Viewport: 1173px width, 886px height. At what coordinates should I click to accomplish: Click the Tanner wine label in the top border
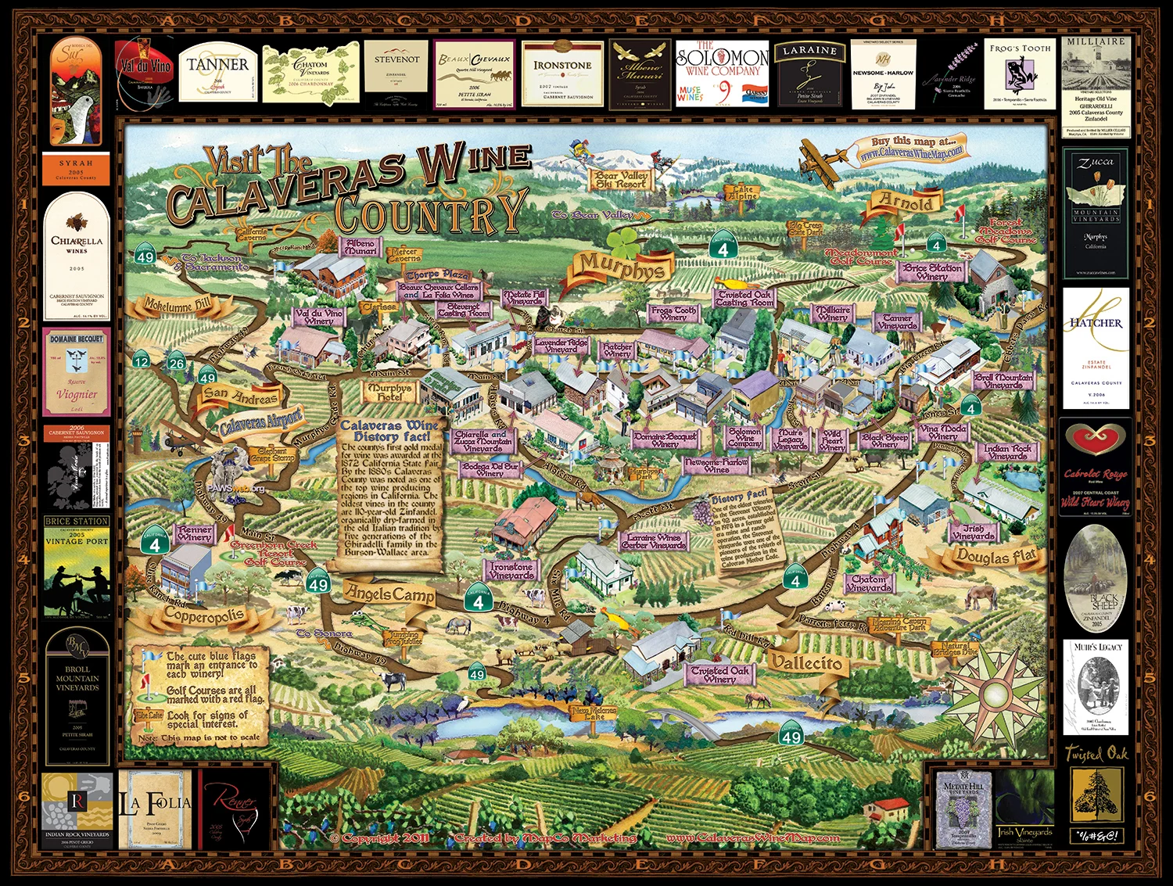click(x=217, y=72)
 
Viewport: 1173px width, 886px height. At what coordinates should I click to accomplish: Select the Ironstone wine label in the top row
click(x=562, y=74)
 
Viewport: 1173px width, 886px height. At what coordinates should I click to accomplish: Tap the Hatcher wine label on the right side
click(x=1096, y=348)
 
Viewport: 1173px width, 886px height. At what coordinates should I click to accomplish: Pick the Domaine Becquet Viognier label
click(x=76, y=371)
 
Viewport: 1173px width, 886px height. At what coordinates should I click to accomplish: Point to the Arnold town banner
click(x=906, y=203)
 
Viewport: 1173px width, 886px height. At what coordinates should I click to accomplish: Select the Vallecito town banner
click(x=806, y=663)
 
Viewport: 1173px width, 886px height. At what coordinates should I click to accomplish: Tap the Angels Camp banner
click(x=390, y=594)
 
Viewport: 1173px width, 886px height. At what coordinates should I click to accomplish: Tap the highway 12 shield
click(x=141, y=361)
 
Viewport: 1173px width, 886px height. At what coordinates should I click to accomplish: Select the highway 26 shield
click(x=177, y=363)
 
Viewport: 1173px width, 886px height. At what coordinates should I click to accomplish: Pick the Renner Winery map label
click(x=195, y=533)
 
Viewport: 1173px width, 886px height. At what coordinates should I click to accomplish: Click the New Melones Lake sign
click(x=593, y=713)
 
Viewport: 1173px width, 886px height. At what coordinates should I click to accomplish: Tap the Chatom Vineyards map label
click(x=869, y=583)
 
